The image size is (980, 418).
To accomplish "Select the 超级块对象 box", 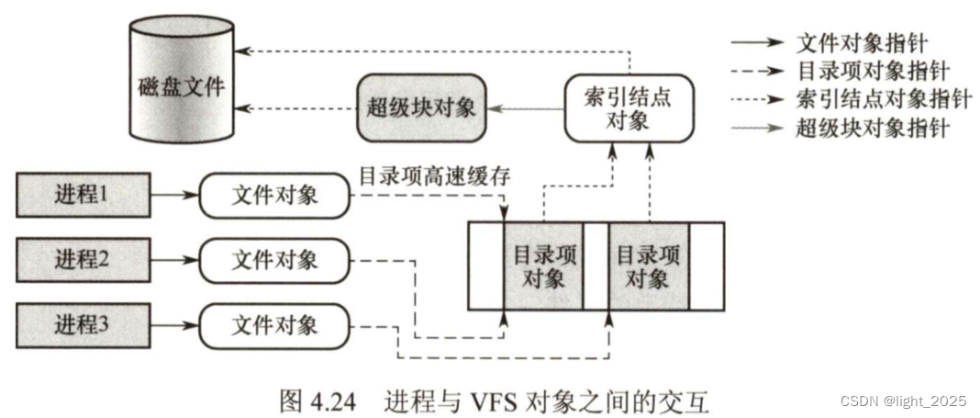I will [x=421, y=108].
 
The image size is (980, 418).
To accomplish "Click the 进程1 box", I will [x=83, y=196].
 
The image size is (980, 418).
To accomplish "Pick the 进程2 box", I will [x=83, y=259].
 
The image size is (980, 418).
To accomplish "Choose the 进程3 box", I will [x=83, y=325].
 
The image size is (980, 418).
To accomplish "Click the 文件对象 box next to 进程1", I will [x=274, y=196].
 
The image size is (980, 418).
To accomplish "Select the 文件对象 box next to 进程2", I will [x=274, y=259].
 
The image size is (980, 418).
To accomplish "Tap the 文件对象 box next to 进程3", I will [x=274, y=325].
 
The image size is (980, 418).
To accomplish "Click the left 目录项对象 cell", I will [x=543, y=266].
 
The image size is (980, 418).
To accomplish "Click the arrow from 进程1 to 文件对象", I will [x=174, y=196].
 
